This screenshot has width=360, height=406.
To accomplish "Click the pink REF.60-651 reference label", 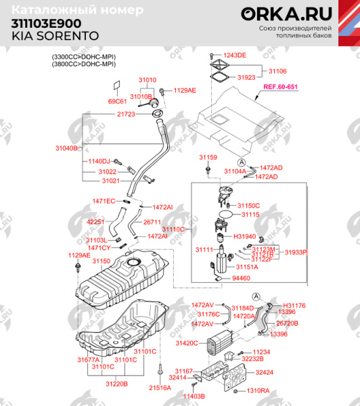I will pos(281,87).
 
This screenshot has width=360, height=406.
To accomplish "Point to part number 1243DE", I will pos(235,55).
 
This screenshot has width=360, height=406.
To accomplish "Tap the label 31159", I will pos(208,157).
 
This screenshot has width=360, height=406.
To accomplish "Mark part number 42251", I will pos(95,222).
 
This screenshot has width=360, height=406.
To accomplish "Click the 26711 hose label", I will pos(152,222).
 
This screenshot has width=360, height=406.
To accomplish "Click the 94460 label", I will pos(241,278).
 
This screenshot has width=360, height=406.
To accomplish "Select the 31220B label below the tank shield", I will pos(116,384).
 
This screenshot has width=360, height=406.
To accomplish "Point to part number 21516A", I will pos(159,388).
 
